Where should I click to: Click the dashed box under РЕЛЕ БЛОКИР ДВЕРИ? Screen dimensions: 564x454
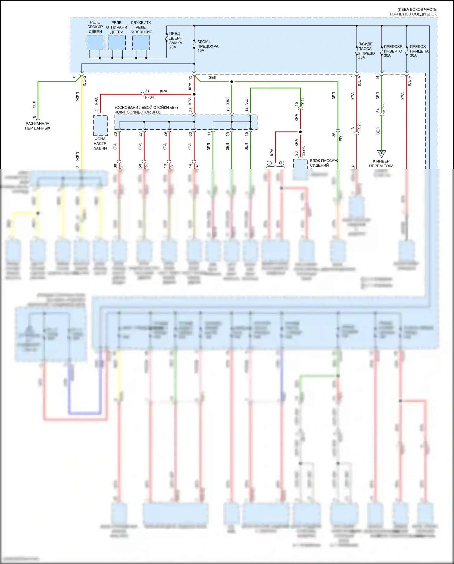[x=95, y=42]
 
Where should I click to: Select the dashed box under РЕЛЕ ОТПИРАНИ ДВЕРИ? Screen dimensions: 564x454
[x=117, y=42]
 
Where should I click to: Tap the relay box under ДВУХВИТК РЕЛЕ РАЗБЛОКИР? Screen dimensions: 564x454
[x=141, y=42]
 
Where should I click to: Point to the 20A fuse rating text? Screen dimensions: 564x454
[x=173, y=47]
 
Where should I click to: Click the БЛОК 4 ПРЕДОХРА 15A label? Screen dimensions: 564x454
[x=208, y=46]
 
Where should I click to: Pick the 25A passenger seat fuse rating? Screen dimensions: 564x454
[x=362, y=58]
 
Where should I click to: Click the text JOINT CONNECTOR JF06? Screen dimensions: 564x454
[x=138, y=112]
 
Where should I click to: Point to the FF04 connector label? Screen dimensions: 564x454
[x=149, y=98]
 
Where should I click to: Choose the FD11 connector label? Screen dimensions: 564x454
[x=340, y=136]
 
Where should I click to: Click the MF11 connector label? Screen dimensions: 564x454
[x=384, y=108]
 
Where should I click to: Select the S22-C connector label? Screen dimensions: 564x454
[x=303, y=151]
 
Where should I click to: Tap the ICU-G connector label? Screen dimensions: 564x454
[x=84, y=81]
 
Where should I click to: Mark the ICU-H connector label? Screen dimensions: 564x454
[x=409, y=81]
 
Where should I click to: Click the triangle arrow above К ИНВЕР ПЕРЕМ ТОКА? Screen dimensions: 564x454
[x=381, y=154]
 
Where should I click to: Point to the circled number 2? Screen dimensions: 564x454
[x=281, y=163]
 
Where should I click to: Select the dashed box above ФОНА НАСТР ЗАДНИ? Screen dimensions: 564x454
[x=100, y=125]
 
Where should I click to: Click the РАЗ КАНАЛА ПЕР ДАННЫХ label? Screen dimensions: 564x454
[x=38, y=126]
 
